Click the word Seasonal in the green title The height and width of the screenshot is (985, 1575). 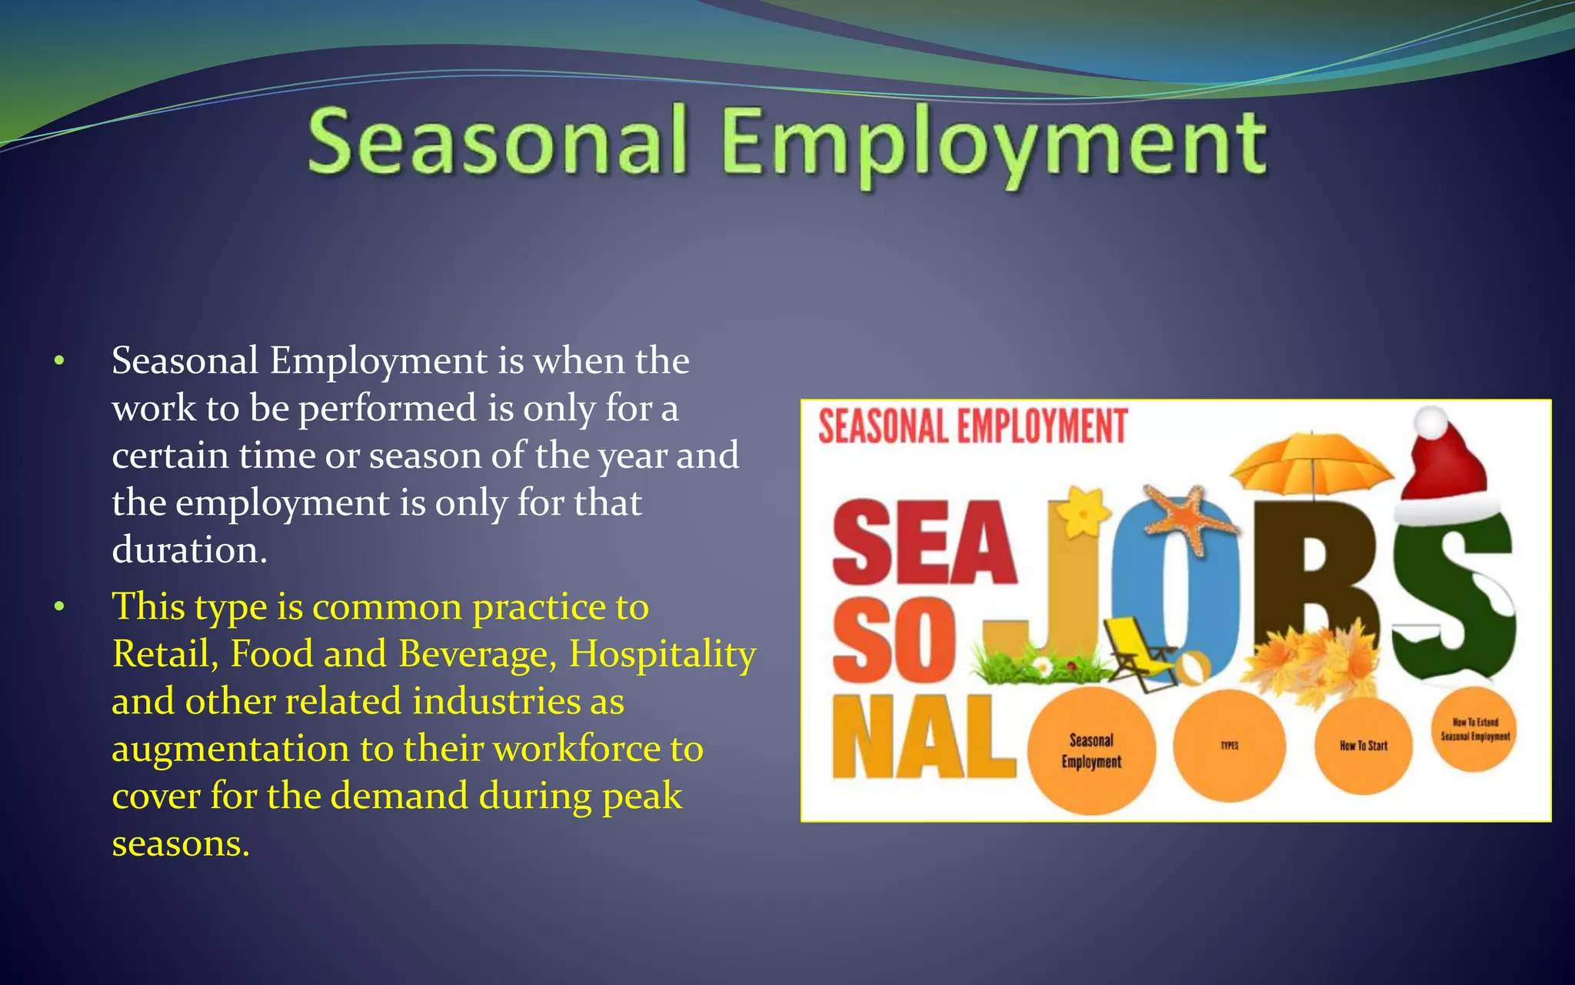coord(497,142)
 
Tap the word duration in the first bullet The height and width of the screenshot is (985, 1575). coord(189,551)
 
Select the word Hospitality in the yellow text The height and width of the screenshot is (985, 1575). coord(662,655)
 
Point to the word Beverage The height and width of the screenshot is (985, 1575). coord(478,655)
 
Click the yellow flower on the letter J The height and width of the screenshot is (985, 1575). coord(1083,511)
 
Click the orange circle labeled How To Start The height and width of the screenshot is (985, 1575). coord(1363,746)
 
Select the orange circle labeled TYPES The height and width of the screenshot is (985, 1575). coord(1229,746)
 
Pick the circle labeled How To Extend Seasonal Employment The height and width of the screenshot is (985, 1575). coord(1474,730)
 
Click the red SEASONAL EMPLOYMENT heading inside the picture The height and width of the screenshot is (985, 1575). coord(972,426)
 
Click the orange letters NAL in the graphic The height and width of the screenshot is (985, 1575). coord(923,737)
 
